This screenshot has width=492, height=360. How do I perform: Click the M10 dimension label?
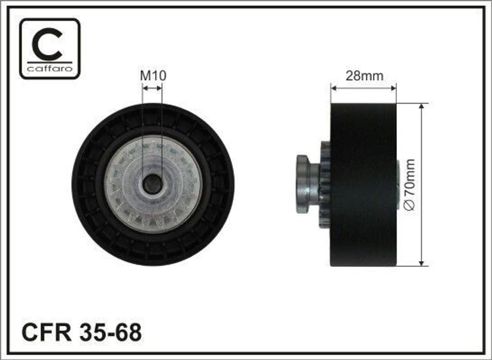[x=153, y=75]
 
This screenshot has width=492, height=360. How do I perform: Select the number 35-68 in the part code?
[x=109, y=332]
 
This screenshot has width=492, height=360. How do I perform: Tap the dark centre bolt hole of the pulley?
[x=153, y=184]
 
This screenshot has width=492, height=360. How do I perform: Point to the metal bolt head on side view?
[x=303, y=184]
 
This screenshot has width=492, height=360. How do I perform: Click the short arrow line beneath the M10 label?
[x=152, y=88]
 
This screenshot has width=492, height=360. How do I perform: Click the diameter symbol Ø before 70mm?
[x=410, y=204]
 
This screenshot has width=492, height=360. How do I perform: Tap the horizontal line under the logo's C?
[x=50, y=62]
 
